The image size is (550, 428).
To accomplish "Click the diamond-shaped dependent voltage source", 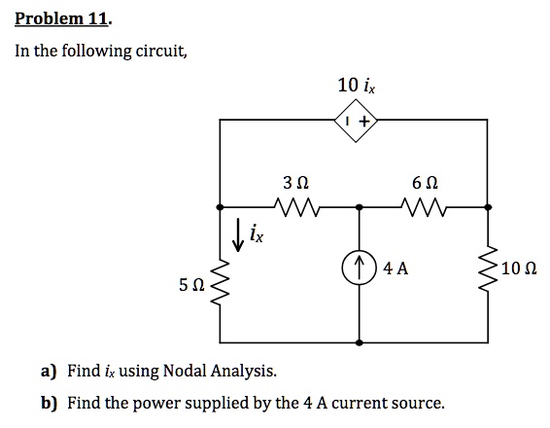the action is tap(357, 121).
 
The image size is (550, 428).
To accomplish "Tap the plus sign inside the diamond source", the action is tap(365, 122).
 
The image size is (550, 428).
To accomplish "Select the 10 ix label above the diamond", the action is tap(357, 86).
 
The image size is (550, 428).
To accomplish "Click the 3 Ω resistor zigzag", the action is tap(296, 206).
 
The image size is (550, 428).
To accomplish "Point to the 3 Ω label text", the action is tap(296, 183).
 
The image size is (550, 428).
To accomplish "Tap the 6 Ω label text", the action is tap(425, 183).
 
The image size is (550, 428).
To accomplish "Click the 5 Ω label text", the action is tap(191, 284).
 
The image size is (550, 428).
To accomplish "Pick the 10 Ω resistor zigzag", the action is tap(488, 268).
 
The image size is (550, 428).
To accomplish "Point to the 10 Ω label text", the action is tap(519, 268).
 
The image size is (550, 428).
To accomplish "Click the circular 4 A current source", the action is tap(359, 267).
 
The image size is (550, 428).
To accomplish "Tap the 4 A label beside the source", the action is tap(395, 268).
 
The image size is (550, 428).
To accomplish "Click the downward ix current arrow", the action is tap(238, 234).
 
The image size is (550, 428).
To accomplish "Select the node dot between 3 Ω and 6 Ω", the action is tap(359, 207).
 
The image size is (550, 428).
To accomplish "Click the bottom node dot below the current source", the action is tap(359, 342).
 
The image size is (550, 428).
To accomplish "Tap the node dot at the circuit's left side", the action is tap(220, 207).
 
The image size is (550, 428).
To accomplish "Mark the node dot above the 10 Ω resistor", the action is tap(488, 207).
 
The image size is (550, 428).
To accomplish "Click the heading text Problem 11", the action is tap(63, 19).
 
